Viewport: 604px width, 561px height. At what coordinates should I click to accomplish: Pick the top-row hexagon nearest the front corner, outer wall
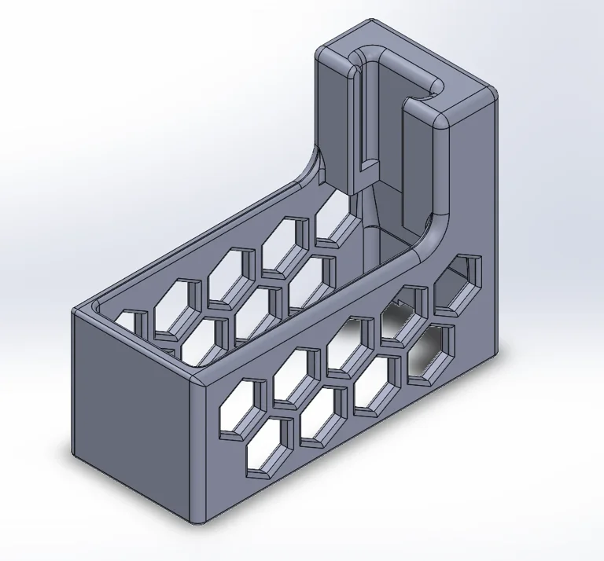tap(240, 407)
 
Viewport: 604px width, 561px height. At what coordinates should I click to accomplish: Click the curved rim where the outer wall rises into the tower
tap(429, 236)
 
